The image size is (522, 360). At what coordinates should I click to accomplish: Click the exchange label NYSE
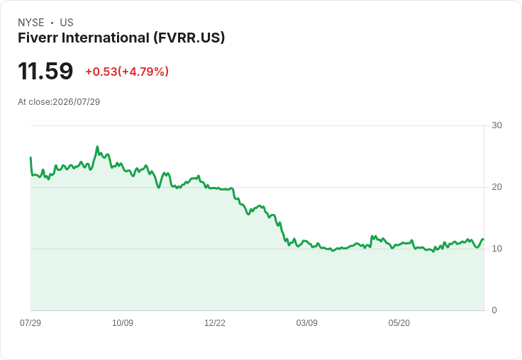[31, 23]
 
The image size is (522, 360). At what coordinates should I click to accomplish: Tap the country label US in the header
[67, 23]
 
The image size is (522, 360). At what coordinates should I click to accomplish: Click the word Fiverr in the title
[38, 38]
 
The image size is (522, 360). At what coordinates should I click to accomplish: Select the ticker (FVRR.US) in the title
[189, 38]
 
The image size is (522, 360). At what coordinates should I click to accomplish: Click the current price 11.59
[45, 71]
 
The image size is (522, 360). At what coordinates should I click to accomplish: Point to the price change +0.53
[101, 72]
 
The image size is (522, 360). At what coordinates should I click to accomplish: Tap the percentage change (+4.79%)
[143, 72]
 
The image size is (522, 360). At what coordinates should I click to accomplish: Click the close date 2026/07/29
[76, 102]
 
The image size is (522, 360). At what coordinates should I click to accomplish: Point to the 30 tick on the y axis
[496, 125]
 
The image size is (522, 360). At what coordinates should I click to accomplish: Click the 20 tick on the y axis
[496, 187]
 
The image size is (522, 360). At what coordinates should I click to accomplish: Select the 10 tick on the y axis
[496, 249]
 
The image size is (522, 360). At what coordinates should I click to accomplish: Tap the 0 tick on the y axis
[494, 310]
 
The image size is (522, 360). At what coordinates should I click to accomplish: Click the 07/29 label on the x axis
[30, 322]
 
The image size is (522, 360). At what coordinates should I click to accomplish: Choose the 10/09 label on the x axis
[123, 322]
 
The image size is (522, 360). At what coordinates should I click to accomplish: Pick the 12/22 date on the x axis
[215, 322]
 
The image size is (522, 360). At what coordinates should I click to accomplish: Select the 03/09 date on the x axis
[306, 322]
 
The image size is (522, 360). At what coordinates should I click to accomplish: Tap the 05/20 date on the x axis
[399, 322]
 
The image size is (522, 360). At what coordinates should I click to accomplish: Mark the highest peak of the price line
[97, 147]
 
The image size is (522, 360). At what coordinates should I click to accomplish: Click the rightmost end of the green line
[484, 240]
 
